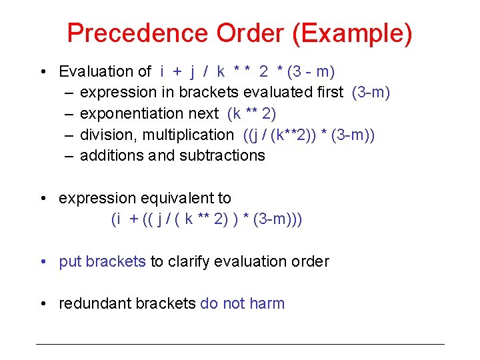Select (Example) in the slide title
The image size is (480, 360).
tap(361, 33)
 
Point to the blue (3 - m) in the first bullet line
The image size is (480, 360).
tap(310, 71)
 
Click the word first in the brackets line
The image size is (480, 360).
tap(327, 92)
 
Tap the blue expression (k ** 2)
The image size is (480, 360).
tap(251, 113)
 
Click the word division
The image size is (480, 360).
tap(106, 135)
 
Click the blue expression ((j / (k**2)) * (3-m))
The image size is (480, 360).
tap(309, 135)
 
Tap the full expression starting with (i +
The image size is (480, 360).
tap(206, 219)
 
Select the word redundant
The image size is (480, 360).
tap(95, 303)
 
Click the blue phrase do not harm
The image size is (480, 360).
tap(242, 303)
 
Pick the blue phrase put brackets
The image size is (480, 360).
tap(102, 261)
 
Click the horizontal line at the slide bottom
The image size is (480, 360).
tap(239, 344)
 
